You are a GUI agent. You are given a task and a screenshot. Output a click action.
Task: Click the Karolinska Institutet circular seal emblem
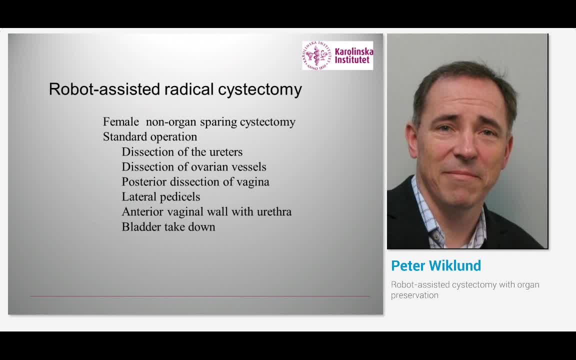click(317, 55)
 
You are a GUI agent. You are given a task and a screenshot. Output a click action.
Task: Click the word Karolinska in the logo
click(353, 51)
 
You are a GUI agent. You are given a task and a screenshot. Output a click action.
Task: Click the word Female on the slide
click(120, 121)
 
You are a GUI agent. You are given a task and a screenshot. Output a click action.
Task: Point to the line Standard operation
click(149, 136)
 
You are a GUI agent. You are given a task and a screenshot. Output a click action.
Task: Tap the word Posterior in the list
click(143, 181)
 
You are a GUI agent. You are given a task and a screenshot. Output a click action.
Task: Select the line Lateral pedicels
click(160, 196)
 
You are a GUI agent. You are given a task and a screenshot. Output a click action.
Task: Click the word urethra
click(274, 211)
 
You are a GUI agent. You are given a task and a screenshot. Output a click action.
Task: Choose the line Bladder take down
click(168, 226)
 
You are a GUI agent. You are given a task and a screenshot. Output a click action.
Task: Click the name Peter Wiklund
click(435, 265)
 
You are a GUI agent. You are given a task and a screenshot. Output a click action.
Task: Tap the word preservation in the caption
click(414, 295)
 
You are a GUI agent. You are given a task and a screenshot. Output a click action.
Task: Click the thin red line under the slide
click(200, 296)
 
